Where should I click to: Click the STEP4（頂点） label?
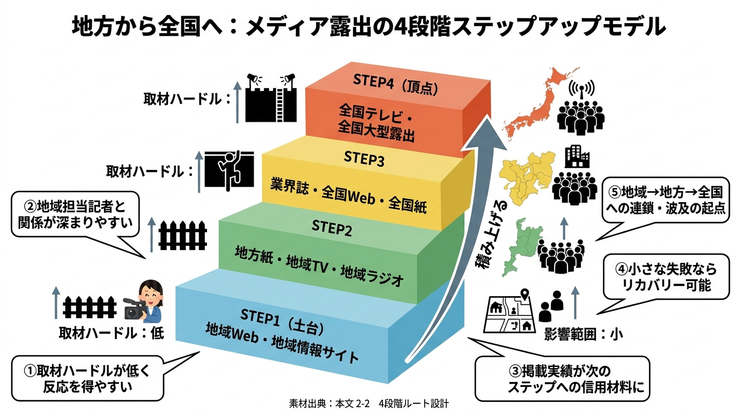[395, 84]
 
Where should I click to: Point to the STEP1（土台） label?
[282, 320]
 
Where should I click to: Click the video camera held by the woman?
[135, 308]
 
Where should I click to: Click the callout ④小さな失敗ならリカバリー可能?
[666, 277]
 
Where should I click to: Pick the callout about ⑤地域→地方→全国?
[666, 201]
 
